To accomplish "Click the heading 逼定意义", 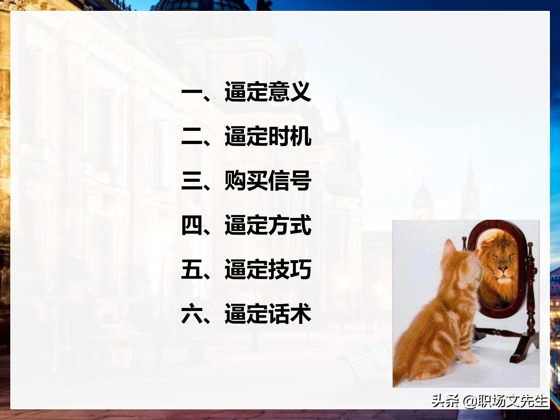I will click(x=268, y=92).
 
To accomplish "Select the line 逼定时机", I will click(x=268, y=136).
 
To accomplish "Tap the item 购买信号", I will click(x=268, y=180).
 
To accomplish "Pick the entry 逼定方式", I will click(x=268, y=225).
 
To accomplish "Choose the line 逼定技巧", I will click(x=268, y=269).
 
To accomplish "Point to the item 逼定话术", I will click(x=268, y=314).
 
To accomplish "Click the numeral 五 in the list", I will click(x=192, y=269).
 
